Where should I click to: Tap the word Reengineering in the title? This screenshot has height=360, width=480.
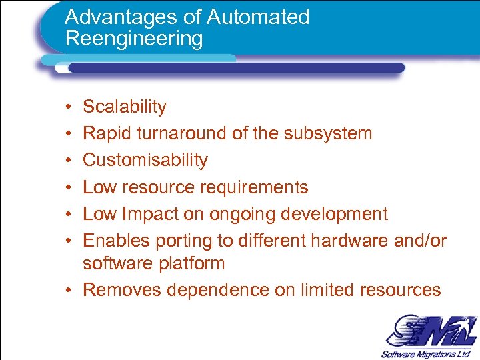pyautogui.click(x=134, y=39)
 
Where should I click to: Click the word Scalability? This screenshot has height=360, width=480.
pyautogui.click(x=125, y=107)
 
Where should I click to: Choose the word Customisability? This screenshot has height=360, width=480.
pyautogui.click(x=145, y=160)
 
